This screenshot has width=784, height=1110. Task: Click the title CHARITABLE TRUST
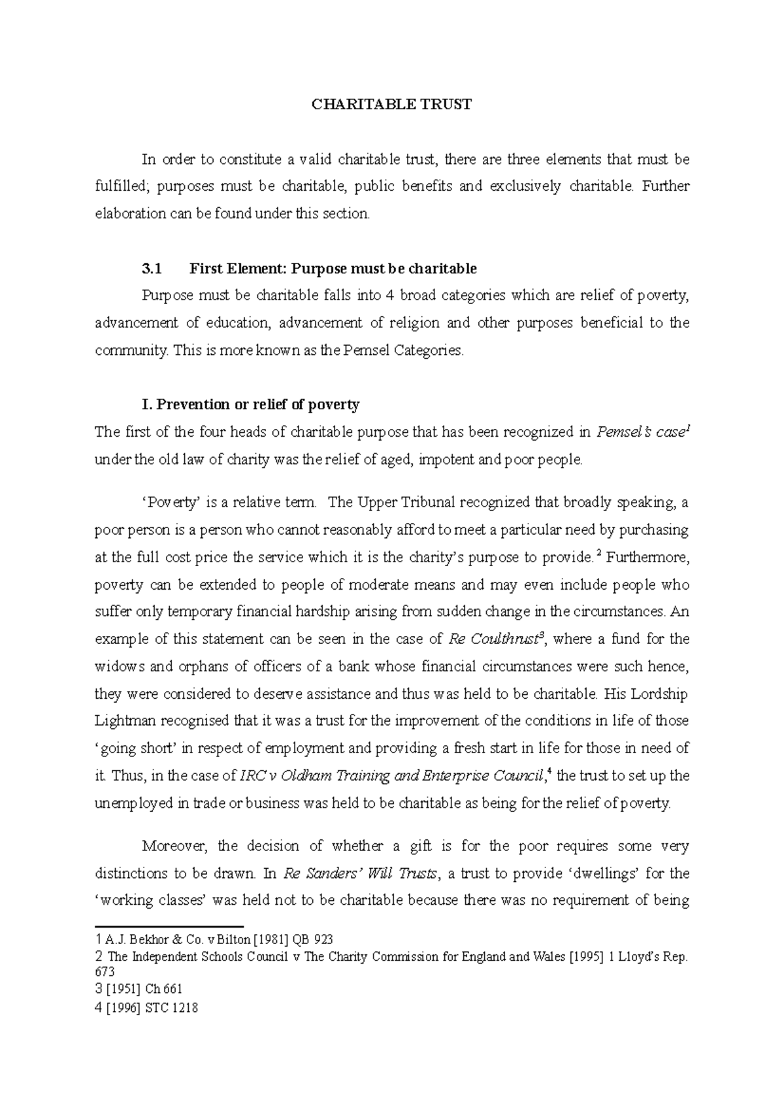[x=391, y=105]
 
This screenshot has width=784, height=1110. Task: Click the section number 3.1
[x=151, y=269]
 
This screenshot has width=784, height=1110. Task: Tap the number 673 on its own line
[x=105, y=973]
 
